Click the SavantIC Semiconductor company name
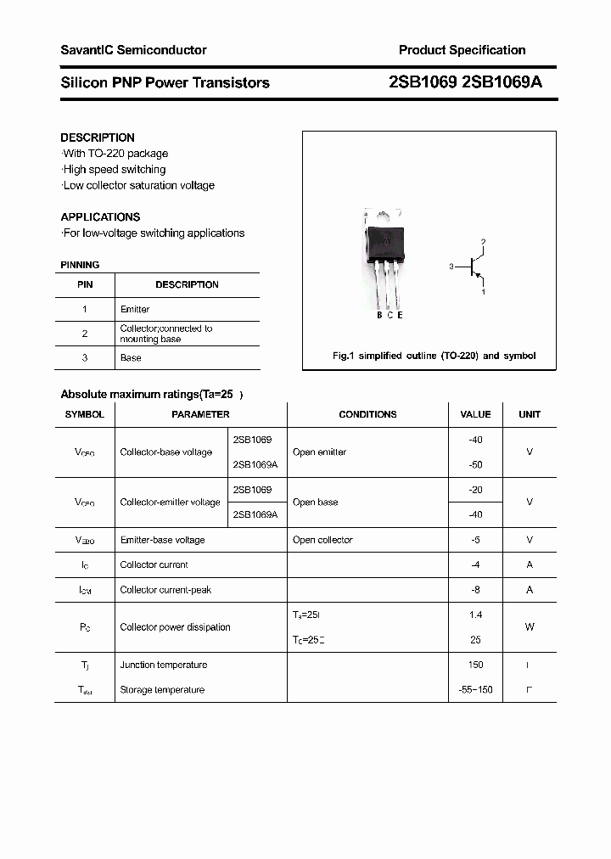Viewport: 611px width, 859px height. [133, 50]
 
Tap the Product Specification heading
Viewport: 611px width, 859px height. [462, 50]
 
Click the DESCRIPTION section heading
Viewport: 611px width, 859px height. [98, 138]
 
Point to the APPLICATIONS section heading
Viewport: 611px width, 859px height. [100, 216]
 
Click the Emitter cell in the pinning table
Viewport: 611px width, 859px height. [135, 310]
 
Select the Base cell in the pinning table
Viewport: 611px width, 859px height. [131, 358]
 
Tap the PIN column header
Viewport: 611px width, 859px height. [85, 285]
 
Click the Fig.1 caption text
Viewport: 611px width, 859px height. [434, 356]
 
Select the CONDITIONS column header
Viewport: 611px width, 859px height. [367, 414]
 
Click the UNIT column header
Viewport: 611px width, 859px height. [530, 414]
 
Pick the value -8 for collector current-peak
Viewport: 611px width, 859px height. [475, 590]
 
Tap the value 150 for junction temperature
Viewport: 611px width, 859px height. [475, 665]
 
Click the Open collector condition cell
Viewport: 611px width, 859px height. [322, 540]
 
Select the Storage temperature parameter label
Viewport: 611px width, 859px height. [162, 690]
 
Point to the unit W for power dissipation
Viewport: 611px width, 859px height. [530, 627]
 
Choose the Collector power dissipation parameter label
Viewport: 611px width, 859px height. [175, 627]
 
